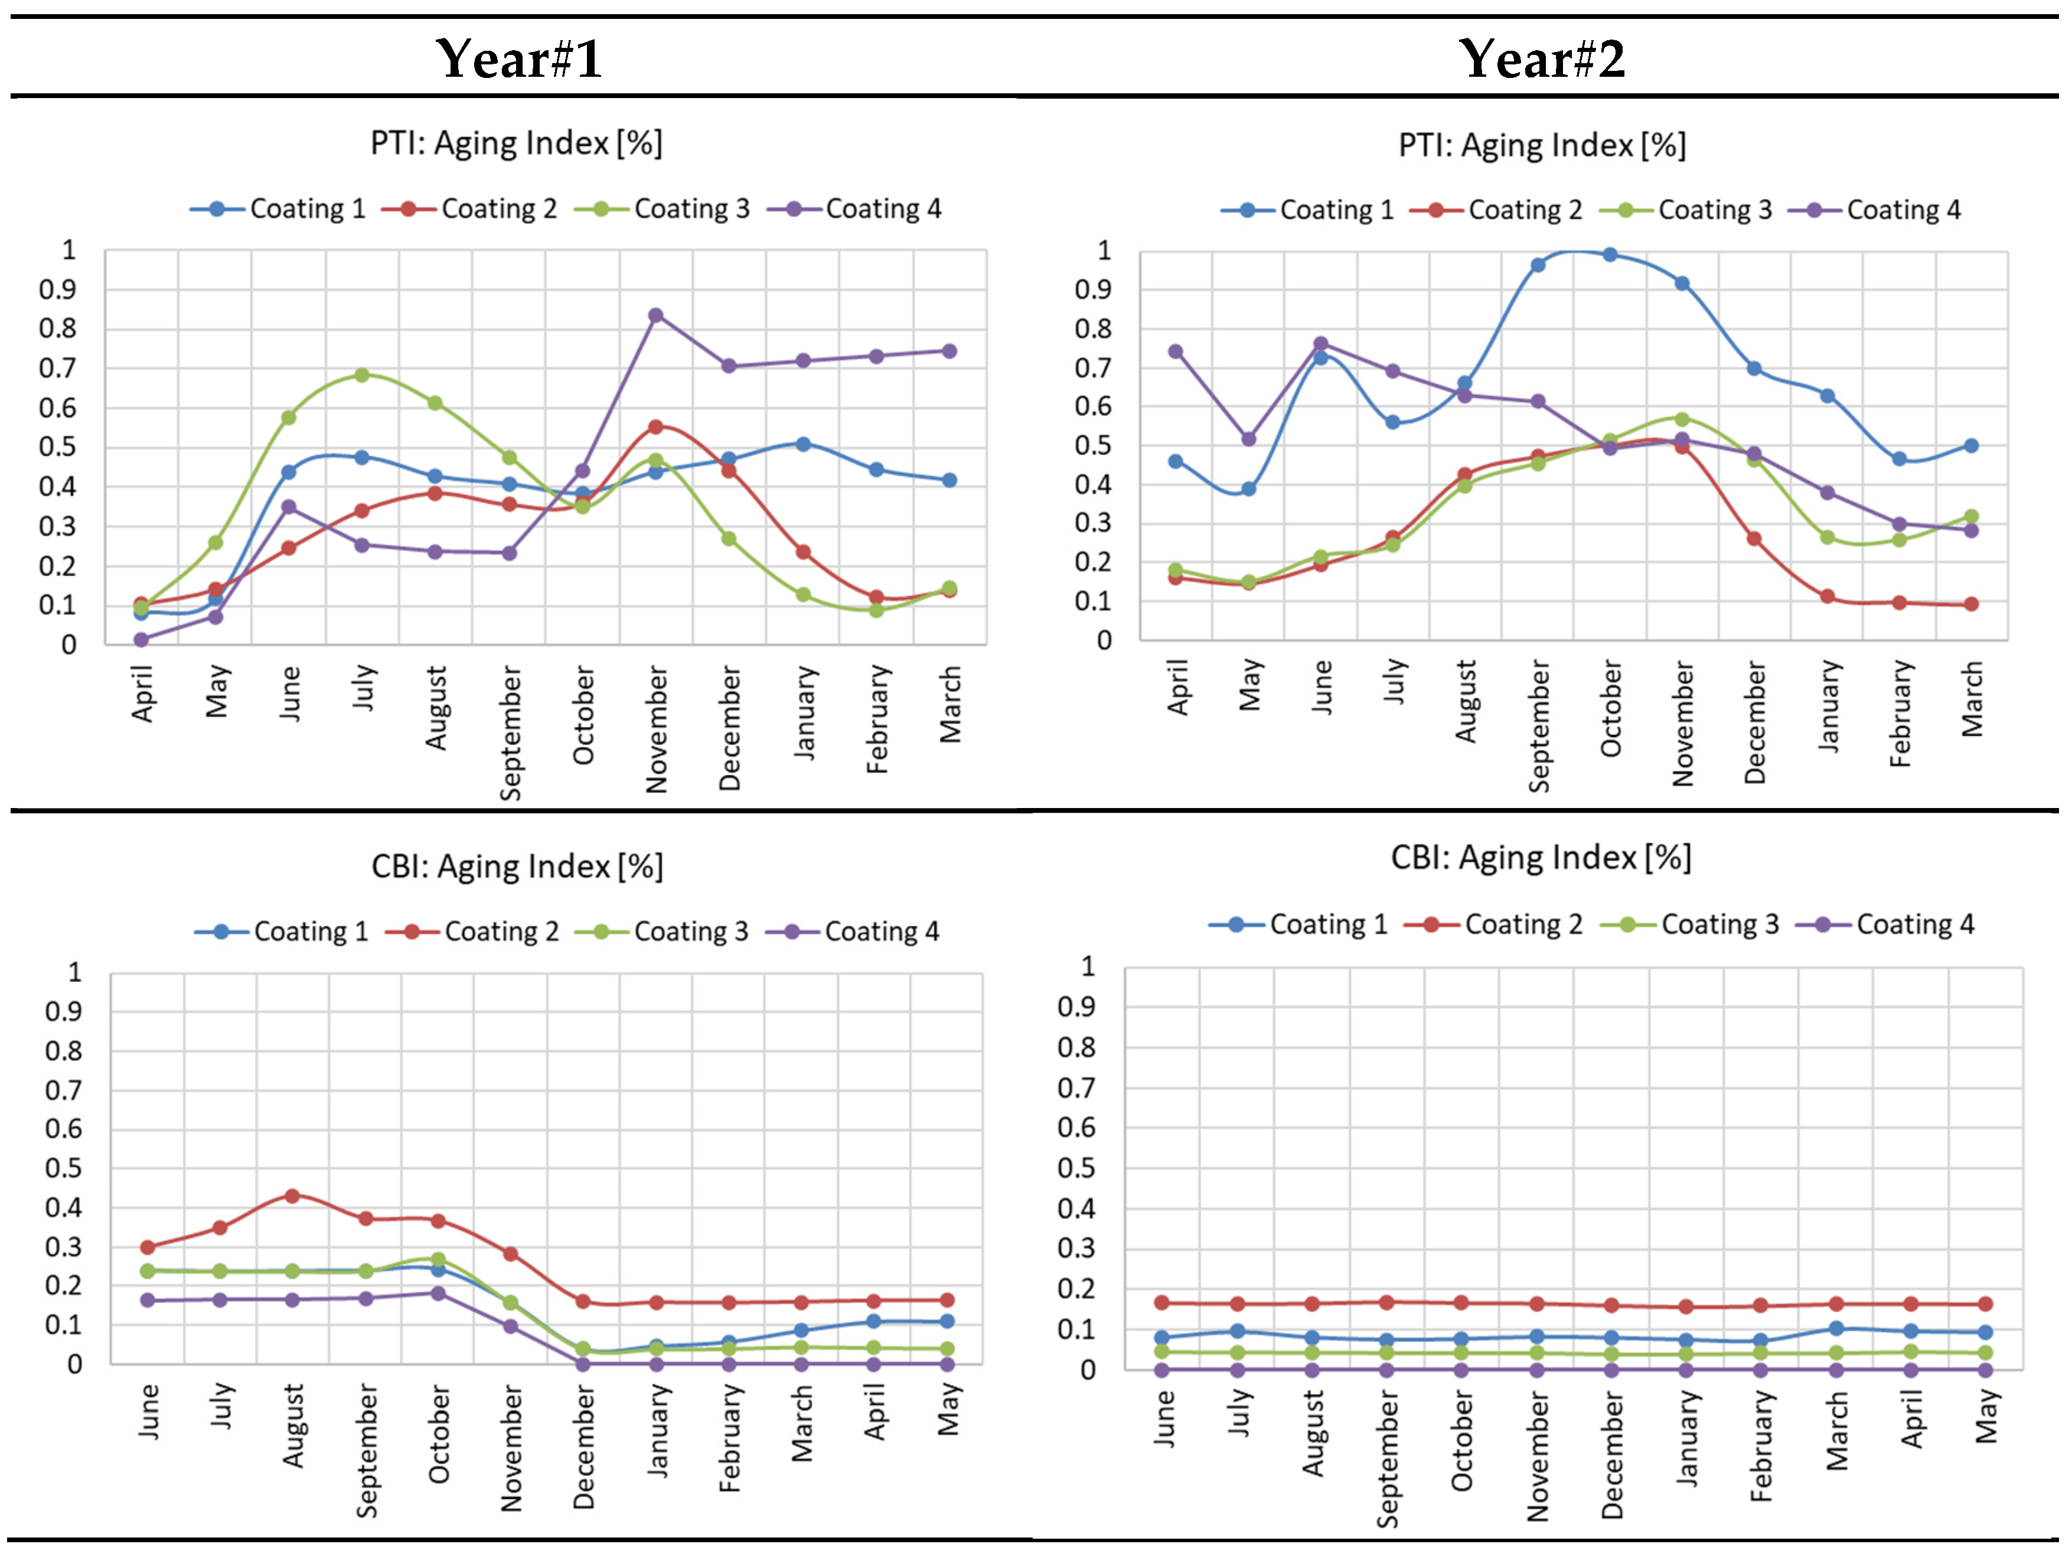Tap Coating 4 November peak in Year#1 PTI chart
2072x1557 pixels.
[x=655, y=315]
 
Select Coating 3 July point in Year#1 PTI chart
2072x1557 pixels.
[x=361, y=374]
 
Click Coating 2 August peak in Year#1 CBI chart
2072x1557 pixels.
[x=292, y=1196]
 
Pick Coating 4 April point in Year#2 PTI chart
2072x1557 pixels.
[x=1176, y=352]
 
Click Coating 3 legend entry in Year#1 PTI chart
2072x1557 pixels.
[x=663, y=209]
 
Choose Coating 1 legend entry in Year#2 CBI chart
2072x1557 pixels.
[x=1299, y=924]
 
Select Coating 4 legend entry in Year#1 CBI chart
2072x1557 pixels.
[x=853, y=931]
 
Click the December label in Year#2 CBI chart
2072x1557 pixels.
[x=1612, y=1455]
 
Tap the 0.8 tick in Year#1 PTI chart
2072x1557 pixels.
[x=57, y=329]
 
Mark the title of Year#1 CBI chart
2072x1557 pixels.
[x=517, y=867]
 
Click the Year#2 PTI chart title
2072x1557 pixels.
[x=1542, y=145]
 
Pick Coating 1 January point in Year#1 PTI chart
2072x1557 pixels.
[x=802, y=444]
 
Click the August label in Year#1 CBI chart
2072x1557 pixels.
[x=294, y=1426]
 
